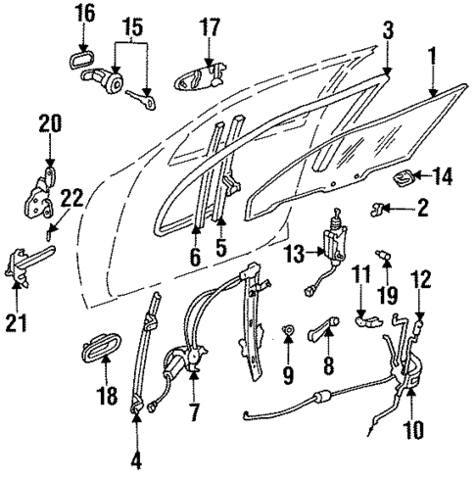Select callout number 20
[50, 123]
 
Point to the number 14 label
[443, 177]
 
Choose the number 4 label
[134, 456]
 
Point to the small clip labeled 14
[406, 178]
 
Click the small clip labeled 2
[379, 208]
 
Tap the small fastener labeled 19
[387, 260]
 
